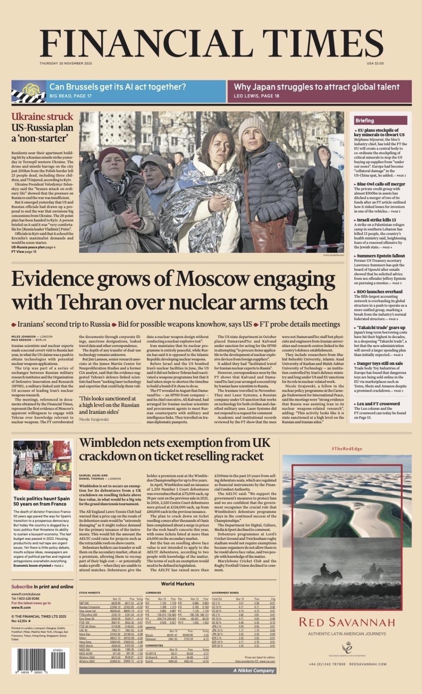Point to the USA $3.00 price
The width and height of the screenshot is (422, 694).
[375, 63]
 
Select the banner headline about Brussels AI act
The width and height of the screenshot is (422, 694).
[118, 87]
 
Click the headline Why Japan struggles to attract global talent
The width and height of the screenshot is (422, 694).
[316, 87]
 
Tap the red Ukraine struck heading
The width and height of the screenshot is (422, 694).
[42, 117]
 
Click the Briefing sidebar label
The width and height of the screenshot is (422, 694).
[365, 120]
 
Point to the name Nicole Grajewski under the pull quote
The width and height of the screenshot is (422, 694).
[94, 419]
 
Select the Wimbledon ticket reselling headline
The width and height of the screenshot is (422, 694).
[175, 449]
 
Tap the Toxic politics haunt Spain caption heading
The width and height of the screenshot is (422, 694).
[42, 501]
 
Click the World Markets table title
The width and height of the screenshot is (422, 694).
[177, 583]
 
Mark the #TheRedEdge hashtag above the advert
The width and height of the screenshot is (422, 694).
[347, 448]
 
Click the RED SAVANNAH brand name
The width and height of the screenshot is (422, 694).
[347, 622]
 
